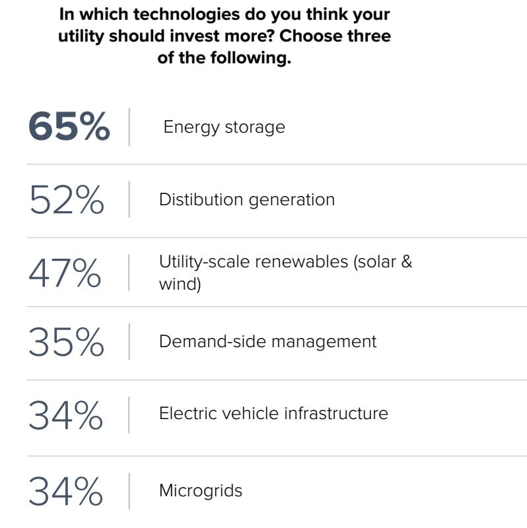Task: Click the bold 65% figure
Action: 69,127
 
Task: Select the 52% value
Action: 66,199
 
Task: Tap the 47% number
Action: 65,273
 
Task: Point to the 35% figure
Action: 66,342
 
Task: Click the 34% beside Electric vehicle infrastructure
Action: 66,414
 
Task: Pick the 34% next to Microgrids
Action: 66,491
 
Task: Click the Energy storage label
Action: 224,127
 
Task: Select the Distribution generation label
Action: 246,199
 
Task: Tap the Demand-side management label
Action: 267,341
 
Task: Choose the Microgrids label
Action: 200,491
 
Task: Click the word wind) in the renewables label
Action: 179,285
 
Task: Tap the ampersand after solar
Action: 406,261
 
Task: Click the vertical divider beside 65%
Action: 129,127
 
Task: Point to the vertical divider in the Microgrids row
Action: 129,491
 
